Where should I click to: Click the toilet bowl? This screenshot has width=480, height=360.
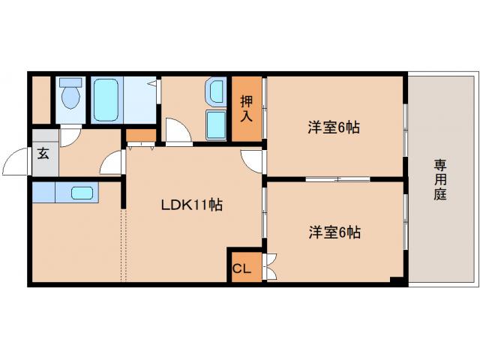[x=71, y=98]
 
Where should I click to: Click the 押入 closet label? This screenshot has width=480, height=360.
[x=247, y=108]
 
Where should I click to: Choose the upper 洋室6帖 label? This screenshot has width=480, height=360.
[x=334, y=127]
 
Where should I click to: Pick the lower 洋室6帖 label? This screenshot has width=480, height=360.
[x=334, y=232]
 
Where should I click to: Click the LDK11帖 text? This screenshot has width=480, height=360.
[x=191, y=204]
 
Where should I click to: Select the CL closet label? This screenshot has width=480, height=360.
[x=240, y=268]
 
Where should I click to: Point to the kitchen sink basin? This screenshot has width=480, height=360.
[x=82, y=192]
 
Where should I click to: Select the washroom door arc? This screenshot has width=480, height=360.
[x=177, y=131]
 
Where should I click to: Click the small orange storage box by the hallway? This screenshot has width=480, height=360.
[x=140, y=136]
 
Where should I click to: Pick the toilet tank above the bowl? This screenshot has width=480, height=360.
[x=71, y=82]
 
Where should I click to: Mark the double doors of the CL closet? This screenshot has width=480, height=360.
[x=271, y=267]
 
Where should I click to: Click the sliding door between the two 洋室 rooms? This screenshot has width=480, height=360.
[x=337, y=179]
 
